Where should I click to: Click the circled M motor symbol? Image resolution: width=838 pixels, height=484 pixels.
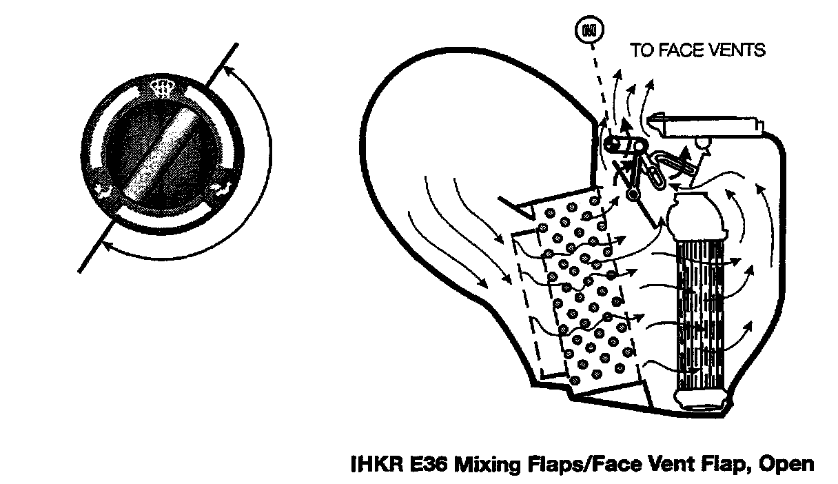(x=589, y=30)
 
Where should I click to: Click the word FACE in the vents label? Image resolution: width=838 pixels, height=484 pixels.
(x=678, y=50)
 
